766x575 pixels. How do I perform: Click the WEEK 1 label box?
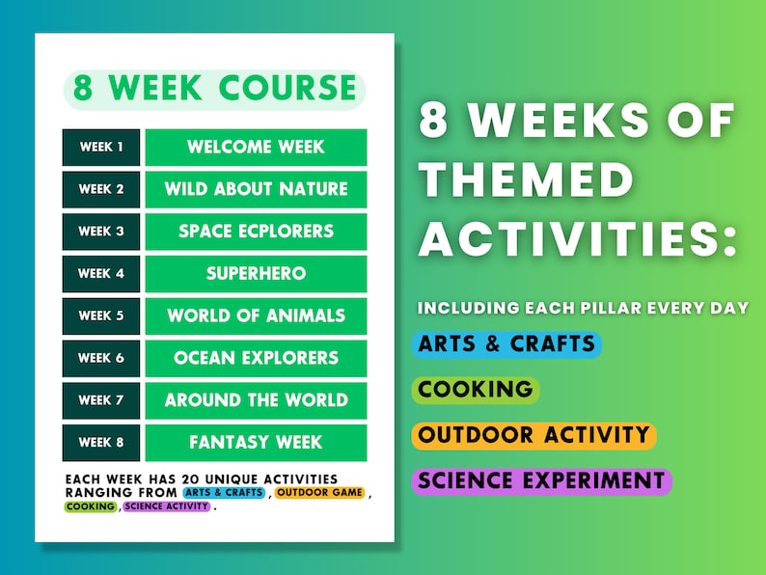pos(101,147)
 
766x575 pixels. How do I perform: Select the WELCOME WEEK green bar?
pos(256,147)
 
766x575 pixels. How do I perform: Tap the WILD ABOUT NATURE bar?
pos(256,189)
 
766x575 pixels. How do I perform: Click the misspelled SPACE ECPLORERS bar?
pos(256,232)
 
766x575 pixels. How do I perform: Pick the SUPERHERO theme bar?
pos(256,274)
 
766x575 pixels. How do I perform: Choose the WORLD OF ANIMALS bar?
pos(256,315)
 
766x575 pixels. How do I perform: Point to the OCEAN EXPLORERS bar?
pos(256,358)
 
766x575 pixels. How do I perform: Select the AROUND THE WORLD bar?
pos(256,400)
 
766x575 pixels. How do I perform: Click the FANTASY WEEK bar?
pos(256,443)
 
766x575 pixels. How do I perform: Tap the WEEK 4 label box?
pos(101,274)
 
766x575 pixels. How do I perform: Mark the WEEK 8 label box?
pos(101,443)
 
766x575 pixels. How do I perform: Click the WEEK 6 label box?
pos(101,358)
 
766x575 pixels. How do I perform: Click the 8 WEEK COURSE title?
pos(215,89)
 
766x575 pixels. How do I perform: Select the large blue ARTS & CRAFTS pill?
pos(506,344)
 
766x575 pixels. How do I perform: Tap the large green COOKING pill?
pos(475,390)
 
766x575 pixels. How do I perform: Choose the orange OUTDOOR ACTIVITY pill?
pos(533,435)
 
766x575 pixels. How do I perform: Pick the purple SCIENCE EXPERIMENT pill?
pos(541,480)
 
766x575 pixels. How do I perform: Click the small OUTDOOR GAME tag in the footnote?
pos(319,493)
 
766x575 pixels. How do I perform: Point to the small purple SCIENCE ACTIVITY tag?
pos(167,507)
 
